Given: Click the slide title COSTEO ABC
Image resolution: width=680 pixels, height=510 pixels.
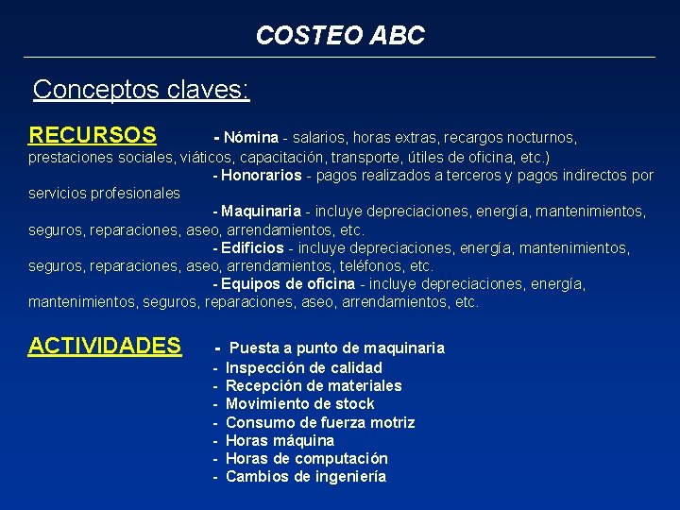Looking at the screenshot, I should [x=340, y=36].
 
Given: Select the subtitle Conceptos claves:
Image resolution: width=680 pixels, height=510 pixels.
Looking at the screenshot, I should [x=141, y=90].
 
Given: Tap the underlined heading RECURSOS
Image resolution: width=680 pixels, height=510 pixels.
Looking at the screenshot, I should [x=92, y=136].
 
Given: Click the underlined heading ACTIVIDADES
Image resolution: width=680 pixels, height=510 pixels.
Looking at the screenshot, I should [x=105, y=346].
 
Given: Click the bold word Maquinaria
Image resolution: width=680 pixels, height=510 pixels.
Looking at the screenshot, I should [x=262, y=212].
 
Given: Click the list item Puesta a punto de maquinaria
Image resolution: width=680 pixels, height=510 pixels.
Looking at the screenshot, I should [x=336, y=348].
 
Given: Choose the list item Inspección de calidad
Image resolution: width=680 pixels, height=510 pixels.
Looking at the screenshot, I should [x=304, y=367].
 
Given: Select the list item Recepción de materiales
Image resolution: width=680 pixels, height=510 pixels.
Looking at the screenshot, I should [x=314, y=385].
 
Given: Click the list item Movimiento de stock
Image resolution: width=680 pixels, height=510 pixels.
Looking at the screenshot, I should [x=300, y=403].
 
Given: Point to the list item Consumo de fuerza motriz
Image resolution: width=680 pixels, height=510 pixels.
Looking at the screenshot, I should [x=320, y=422].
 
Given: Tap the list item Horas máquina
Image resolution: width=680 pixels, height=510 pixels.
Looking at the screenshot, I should [x=280, y=440].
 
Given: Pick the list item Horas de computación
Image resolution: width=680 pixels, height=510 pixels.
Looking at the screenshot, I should [x=307, y=458].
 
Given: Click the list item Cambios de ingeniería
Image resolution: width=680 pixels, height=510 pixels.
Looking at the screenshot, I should [x=306, y=477].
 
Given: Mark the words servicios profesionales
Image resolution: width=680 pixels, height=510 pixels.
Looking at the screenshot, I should [x=104, y=194].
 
